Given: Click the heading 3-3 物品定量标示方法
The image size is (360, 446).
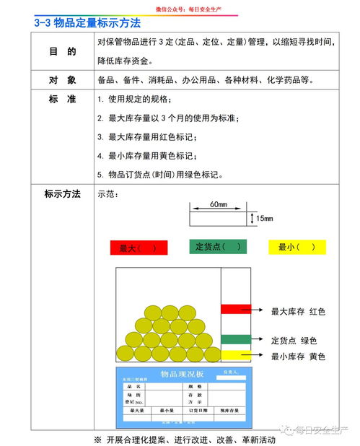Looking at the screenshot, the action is tap(87, 23).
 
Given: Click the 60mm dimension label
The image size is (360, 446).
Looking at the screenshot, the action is tap(219, 205).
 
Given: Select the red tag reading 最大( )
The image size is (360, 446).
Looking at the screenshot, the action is tap(139, 248).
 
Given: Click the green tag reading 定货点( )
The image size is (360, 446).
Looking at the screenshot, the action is tap(218, 246).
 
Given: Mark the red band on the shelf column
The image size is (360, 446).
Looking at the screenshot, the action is tap(235, 309).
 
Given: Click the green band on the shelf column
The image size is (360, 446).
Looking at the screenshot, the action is tap(235, 338).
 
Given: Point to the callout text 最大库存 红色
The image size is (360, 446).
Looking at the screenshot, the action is tap(298, 312).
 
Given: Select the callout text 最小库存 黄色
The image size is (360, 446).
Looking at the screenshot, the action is tap(298, 357).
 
